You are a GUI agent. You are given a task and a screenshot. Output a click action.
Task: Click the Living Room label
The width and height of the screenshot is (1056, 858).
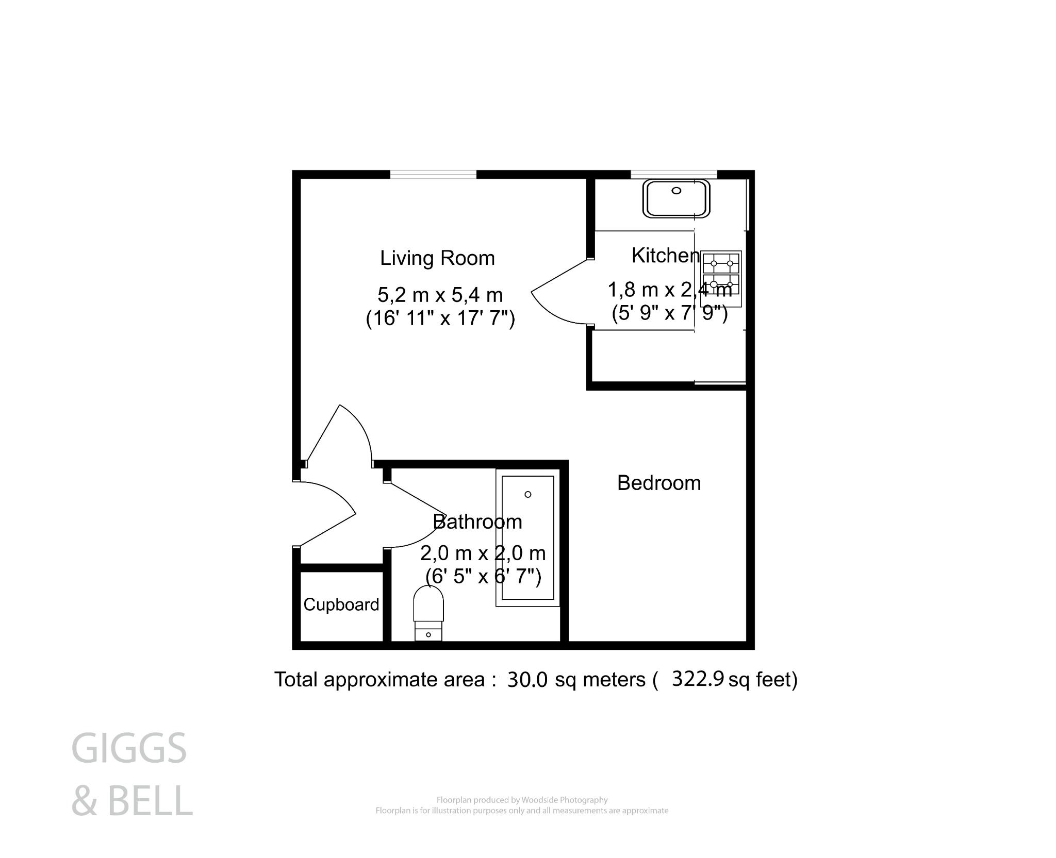(x=437, y=258)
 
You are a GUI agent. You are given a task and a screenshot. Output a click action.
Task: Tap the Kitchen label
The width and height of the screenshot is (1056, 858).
(x=665, y=256)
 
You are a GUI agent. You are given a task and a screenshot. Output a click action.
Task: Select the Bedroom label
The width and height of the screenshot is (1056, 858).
(x=659, y=483)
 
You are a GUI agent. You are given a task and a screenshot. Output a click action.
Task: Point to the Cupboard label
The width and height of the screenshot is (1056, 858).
(x=341, y=604)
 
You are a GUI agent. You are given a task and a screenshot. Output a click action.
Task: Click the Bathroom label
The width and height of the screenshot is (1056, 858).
(x=477, y=522)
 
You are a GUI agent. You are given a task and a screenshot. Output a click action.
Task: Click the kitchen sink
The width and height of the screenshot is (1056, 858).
(x=676, y=198)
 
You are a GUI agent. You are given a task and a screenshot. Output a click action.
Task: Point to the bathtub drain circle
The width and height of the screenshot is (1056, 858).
(x=527, y=495)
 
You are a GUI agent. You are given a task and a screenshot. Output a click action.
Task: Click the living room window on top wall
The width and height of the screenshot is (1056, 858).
(x=433, y=174)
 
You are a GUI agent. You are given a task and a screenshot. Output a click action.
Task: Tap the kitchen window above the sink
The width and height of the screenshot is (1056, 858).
(x=674, y=174)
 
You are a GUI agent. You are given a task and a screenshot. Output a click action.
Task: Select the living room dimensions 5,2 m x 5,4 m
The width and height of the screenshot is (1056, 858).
(x=440, y=295)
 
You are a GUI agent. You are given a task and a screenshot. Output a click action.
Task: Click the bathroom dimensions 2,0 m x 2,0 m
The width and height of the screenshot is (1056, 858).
(x=483, y=553)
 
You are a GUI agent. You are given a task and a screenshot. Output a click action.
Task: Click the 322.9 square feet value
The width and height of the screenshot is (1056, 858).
(x=699, y=679)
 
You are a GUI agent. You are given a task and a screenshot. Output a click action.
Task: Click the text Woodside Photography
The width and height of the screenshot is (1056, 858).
(x=565, y=800)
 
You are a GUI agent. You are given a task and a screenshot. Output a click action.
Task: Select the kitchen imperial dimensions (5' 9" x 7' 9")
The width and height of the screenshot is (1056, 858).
(x=669, y=313)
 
